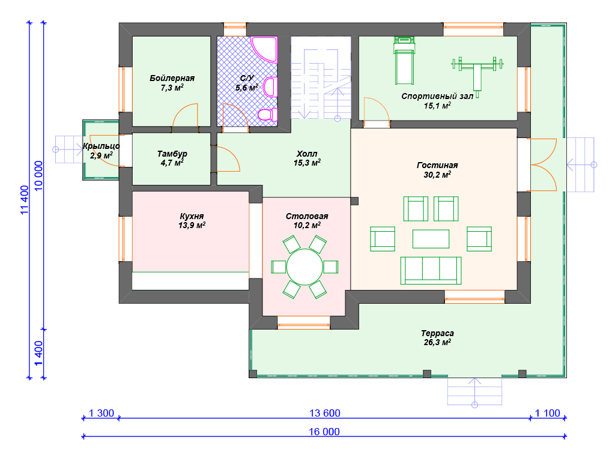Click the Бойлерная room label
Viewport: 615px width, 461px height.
point(172,78)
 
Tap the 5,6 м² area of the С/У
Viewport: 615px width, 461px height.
point(247,88)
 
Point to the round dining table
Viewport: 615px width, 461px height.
point(304,267)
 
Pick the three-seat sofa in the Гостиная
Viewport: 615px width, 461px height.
point(431,271)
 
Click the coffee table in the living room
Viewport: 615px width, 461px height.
point(431,239)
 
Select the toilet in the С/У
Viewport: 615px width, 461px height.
point(268,115)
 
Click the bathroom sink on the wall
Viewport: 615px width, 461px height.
point(270,86)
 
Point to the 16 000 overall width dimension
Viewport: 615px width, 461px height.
point(324,432)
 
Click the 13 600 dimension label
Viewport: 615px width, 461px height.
point(325,413)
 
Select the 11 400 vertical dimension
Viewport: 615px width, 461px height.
point(25,200)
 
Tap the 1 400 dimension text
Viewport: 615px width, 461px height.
point(38,353)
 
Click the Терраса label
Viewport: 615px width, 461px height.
point(437,333)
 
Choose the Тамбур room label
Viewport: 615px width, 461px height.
point(172,154)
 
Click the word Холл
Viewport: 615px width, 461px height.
point(307,154)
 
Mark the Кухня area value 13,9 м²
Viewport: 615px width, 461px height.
point(192,226)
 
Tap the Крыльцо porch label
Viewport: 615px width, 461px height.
point(101,146)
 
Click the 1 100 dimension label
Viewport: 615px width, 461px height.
point(548,413)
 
